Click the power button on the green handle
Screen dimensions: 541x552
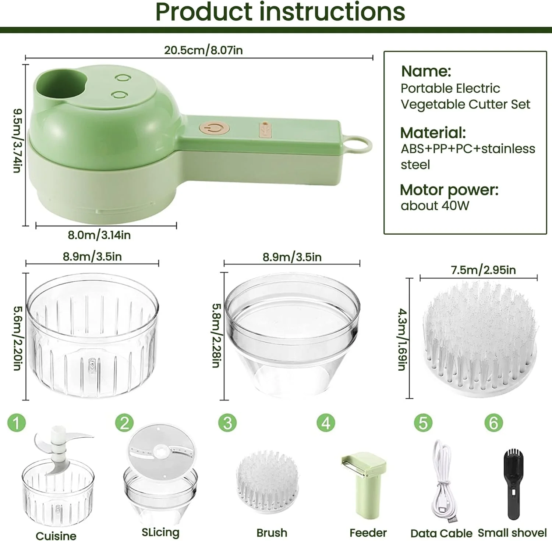coord(215,129)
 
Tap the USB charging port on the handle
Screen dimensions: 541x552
coord(265,130)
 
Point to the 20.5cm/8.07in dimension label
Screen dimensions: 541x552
coord(203,50)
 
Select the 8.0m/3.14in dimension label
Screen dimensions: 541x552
coord(99,235)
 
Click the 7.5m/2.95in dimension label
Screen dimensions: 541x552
coord(483,270)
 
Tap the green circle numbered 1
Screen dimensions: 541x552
coord(17,423)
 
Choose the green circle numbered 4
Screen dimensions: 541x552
coord(326,423)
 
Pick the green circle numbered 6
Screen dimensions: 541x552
coord(493,423)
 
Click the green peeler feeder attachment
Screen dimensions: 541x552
coord(365,482)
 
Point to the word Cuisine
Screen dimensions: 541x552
coord(56,535)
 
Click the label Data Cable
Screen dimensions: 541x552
coord(441,533)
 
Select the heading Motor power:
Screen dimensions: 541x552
coord(449,190)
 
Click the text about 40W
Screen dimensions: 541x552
coord(435,206)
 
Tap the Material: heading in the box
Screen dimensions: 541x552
coord(433,132)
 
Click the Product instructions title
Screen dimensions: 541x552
coord(280,12)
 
